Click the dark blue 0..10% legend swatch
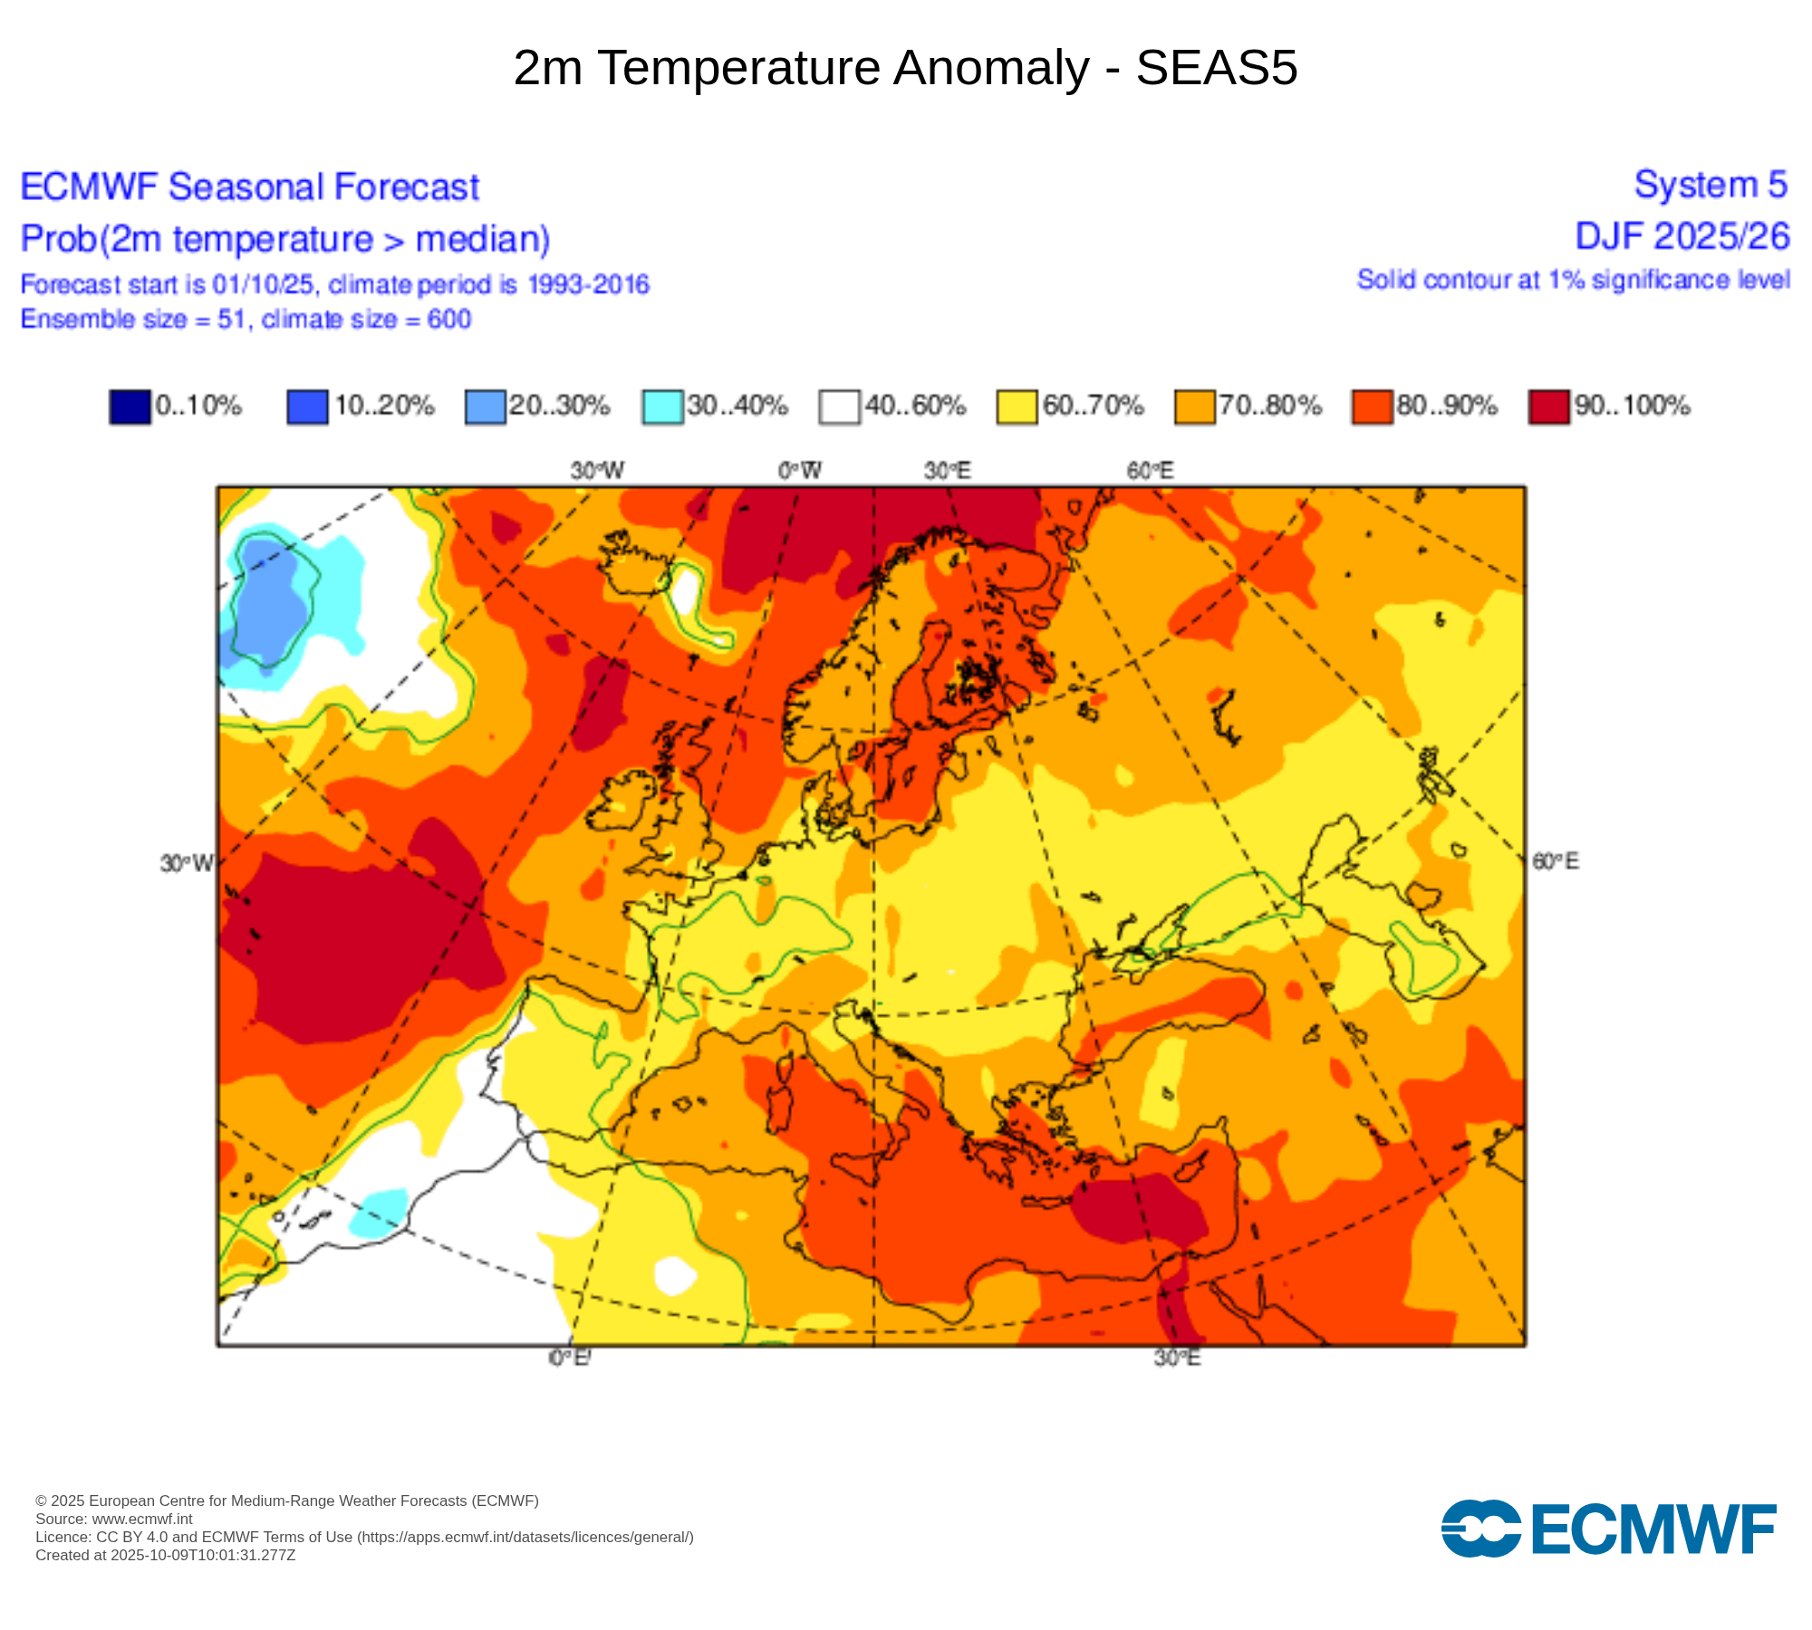130,407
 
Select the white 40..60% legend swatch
839,407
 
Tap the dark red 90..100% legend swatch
1548,407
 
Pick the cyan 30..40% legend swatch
662,407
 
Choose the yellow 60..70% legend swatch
1017,407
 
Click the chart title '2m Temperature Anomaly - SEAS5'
905,68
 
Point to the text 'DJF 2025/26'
1682,236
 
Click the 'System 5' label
1710,185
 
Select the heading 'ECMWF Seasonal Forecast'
249,187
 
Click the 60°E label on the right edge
1555,861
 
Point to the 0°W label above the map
800,471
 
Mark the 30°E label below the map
1177,1357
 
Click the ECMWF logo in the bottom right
1608,1529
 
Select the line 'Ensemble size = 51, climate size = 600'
246,320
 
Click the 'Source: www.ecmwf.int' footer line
114,1519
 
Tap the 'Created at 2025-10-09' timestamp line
165,1555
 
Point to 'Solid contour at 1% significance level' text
1573,280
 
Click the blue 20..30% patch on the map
270,598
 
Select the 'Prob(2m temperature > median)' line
285,239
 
